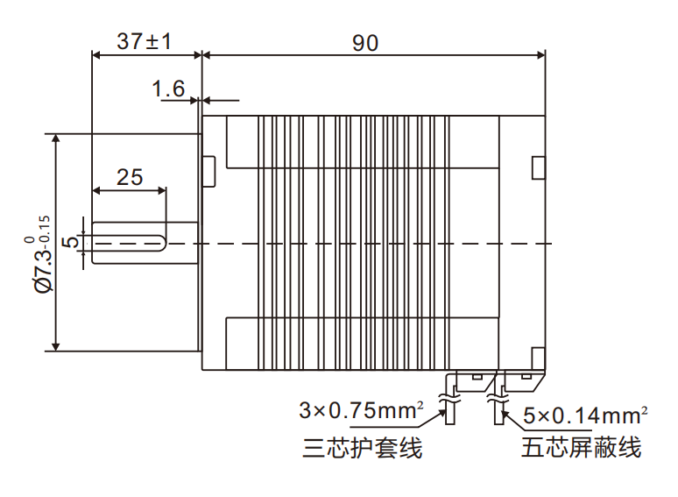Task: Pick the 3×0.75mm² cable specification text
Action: (362, 409)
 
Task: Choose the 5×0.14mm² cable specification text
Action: (585, 414)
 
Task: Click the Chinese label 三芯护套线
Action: (362, 449)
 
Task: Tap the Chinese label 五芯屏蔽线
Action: (582, 449)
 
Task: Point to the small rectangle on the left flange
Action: (209, 171)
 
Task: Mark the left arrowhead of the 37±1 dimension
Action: (96, 55)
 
